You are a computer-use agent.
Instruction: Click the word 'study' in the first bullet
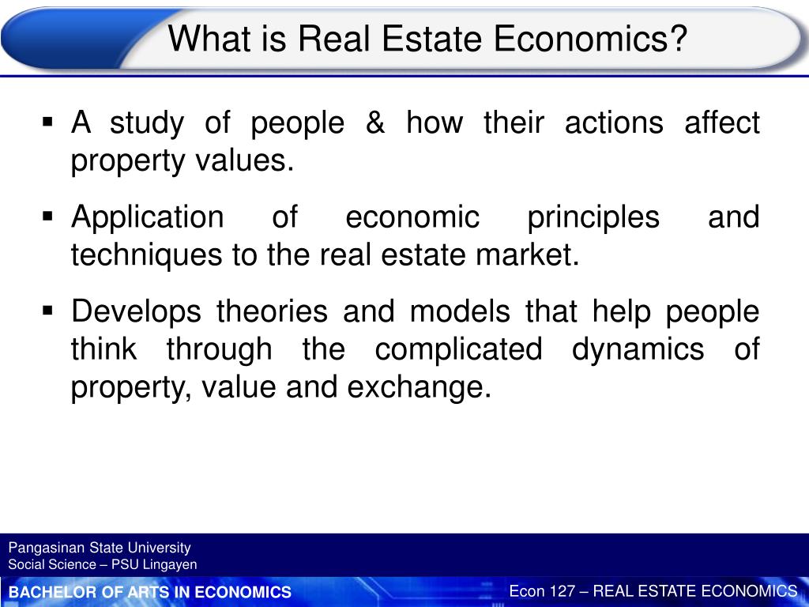pyautogui.click(x=146, y=124)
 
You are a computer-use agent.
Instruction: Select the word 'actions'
pyautogui.click(x=614, y=123)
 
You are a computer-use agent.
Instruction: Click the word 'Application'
pyautogui.click(x=148, y=218)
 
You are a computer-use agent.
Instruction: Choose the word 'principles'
pyautogui.click(x=593, y=218)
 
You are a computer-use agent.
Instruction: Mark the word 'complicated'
pyautogui.click(x=458, y=350)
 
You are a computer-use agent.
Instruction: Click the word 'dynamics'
pyautogui.click(x=638, y=350)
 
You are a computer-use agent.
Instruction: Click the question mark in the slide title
pyautogui.click(x=678, y=39)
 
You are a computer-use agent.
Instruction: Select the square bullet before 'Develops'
pyautogui.click(x=47, y=311)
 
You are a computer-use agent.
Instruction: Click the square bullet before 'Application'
pyautogui.click(x=47, y=216)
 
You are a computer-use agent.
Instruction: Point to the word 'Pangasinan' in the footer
pyautogui.click(x=40, y=548)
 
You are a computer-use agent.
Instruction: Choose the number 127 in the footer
pyautogui.click(x=563, y=591)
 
